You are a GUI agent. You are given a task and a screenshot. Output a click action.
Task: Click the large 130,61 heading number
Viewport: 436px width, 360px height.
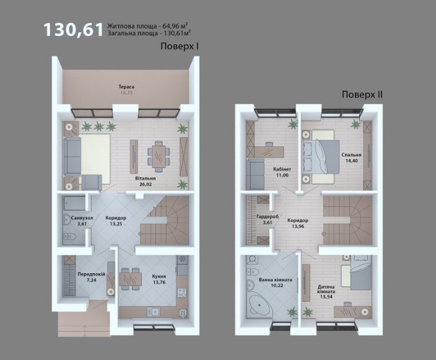pyautogui.click(x=73, y=30)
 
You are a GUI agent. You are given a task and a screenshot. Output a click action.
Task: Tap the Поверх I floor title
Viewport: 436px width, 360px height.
pyautogui.click(x=180, y=46)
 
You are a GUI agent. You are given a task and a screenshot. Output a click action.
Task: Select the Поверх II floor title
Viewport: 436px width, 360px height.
pyautogui.click(x=362, y=95)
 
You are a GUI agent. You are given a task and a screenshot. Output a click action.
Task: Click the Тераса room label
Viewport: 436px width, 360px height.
pyautogui.click(x=126, y=87)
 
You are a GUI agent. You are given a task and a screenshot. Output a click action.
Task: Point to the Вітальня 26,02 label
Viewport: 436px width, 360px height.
pyautogui.click(x=146, y=181)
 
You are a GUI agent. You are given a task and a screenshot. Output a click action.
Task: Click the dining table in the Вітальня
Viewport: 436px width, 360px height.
pyautogui.click(x=159, y=157)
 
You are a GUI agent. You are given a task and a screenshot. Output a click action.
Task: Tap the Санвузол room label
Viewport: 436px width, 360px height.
pyautogui.click(x=82, y=218)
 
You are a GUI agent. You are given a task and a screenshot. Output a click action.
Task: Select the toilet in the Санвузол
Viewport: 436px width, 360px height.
pyautogui.click(x=70, y=237)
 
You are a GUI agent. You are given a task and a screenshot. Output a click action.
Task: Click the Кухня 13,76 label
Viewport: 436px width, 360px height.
pyautogui.click(x=159, y=279)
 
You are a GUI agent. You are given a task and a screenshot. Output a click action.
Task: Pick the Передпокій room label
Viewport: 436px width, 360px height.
pyautogui.click(x=91, y=274)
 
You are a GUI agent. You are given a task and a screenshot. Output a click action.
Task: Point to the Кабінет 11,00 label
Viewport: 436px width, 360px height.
pyautogui.click(x=282, y=172)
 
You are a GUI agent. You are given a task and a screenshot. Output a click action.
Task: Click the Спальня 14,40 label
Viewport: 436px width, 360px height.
pyautogui.click(x=352, y=158)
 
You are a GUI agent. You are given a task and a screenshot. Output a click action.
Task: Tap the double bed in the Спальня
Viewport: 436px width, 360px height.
pyautogui.click(x=321, y=157)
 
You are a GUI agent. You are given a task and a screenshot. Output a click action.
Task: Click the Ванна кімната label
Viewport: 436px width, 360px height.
pyautogui.click(x=275, y=279)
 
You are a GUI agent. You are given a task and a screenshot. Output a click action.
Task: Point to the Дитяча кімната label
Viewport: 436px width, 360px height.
pyautogui.click(x=326, y=289)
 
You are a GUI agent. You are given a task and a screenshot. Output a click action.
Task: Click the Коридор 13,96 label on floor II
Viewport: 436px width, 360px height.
pyautogui.click(x=298, y=223)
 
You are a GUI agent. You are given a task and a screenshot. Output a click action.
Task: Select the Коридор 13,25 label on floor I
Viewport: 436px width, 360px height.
pyautogui.click(x=116, y=221)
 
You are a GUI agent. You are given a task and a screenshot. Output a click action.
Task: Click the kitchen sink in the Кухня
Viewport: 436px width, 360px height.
pyautogui.click(x=153, y=312)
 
